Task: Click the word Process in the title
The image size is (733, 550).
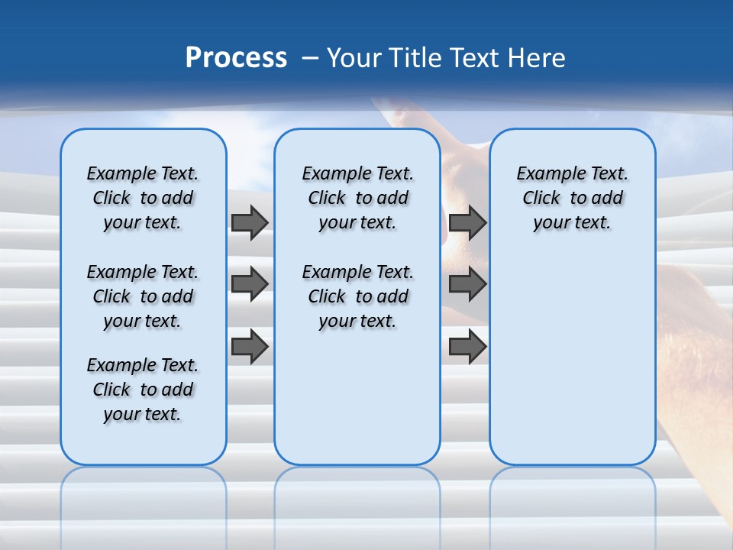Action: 236,58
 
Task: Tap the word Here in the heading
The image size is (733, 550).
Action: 538,58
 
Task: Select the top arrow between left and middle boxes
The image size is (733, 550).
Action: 250,222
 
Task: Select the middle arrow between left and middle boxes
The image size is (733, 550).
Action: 250,284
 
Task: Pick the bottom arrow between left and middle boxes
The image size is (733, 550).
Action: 250,347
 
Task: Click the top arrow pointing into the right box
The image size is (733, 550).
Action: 467,222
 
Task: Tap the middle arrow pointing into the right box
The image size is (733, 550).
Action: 467,284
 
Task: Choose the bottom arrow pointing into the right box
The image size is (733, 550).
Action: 467,347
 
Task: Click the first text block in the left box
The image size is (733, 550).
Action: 143,198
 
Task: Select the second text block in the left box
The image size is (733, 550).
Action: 143,296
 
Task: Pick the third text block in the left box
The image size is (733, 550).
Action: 143,390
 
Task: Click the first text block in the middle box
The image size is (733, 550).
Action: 357,198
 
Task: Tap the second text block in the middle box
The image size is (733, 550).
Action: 357,296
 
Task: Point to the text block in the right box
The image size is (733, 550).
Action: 572,198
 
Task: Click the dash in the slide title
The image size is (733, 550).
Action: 310,58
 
